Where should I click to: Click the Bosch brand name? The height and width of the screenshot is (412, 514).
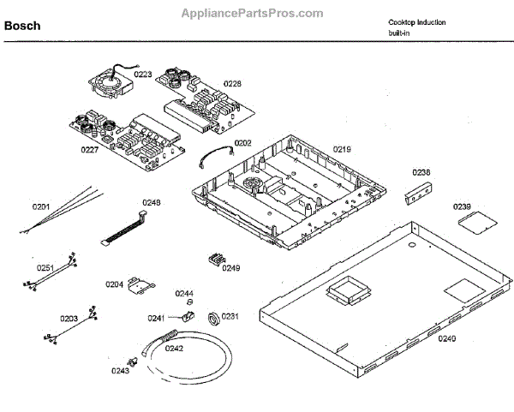(21, 27)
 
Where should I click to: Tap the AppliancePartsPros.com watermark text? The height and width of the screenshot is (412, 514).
(252, 13)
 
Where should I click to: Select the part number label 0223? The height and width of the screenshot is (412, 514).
(142, 75)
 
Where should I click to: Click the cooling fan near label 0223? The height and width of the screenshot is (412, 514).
(107, 82)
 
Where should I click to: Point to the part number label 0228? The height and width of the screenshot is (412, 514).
(232, 83)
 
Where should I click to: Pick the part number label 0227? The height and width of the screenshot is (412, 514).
(90, 150)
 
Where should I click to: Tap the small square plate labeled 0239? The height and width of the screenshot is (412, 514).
(470, 222)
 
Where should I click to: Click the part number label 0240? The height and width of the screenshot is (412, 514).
(446, 338)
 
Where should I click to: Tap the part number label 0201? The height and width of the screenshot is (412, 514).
(41, 206)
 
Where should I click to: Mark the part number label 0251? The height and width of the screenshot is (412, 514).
(45, 267)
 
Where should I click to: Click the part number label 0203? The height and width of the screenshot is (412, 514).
(69, 319)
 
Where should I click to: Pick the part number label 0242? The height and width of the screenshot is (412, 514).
(174, 349)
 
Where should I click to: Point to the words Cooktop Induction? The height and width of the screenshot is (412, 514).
(416, 22)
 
